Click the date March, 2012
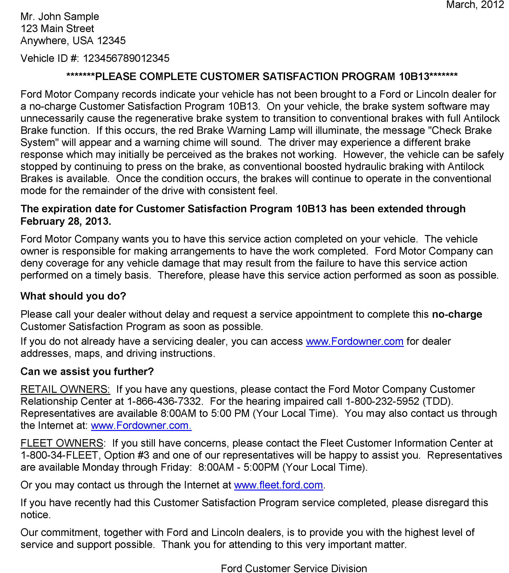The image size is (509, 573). point(475,5)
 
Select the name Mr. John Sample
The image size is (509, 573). point(60,17)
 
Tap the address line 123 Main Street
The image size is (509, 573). point(57,29)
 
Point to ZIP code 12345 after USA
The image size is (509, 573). point(111,41)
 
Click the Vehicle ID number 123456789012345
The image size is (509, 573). point(126,58)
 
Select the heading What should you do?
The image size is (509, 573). point(73,296)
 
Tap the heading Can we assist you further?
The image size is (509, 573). point(87,371)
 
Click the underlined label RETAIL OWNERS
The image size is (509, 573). point(65,389)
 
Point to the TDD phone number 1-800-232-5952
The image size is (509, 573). point(382,401)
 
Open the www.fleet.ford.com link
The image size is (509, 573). point(278,485)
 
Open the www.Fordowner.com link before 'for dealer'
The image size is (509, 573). point(355,341)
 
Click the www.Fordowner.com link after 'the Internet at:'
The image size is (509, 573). point(141,425)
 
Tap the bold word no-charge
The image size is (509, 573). point(457,314)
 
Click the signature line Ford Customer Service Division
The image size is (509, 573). point(294,568)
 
